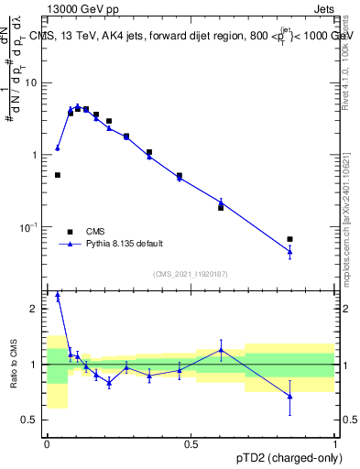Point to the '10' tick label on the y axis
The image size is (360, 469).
pyautogui.click(x=35, y=82)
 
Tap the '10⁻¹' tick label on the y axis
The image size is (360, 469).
pyautogui.click(x=33, y=227)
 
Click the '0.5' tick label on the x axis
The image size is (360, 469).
pyautogui.click(x=191, y=443)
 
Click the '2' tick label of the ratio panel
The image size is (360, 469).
pyautogui.click(x=38, y=309)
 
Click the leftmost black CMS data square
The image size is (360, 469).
pyautogui.click(x=58, y=175)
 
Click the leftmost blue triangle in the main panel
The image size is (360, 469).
pyautogui.click(x=58, y=147)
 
